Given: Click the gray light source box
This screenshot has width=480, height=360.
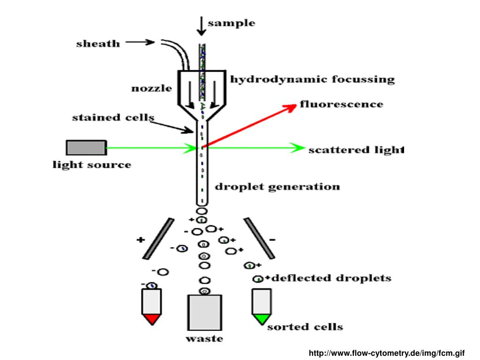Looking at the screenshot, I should click(85, 148).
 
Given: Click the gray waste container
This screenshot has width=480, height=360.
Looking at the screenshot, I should click(204, 313).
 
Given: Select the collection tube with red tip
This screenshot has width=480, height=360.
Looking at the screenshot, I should click(151, 307).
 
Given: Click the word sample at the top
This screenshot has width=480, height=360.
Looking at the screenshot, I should click(232, 23).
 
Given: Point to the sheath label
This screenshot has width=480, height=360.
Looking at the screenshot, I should click(98, 44).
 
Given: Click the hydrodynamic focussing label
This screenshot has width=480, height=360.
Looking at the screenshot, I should click(312, 79).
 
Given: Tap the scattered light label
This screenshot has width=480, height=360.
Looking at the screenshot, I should click(356, 150).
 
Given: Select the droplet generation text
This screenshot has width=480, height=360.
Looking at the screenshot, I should click(277, 187).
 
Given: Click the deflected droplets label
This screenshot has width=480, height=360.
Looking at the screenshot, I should click(331, 278).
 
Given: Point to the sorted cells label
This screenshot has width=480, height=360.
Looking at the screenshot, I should click(305, 327).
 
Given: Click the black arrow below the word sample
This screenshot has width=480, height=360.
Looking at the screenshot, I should click(201, 26).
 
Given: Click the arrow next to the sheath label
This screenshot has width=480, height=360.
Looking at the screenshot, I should click(140, 42).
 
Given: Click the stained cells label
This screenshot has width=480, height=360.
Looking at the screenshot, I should click(112, 117).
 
